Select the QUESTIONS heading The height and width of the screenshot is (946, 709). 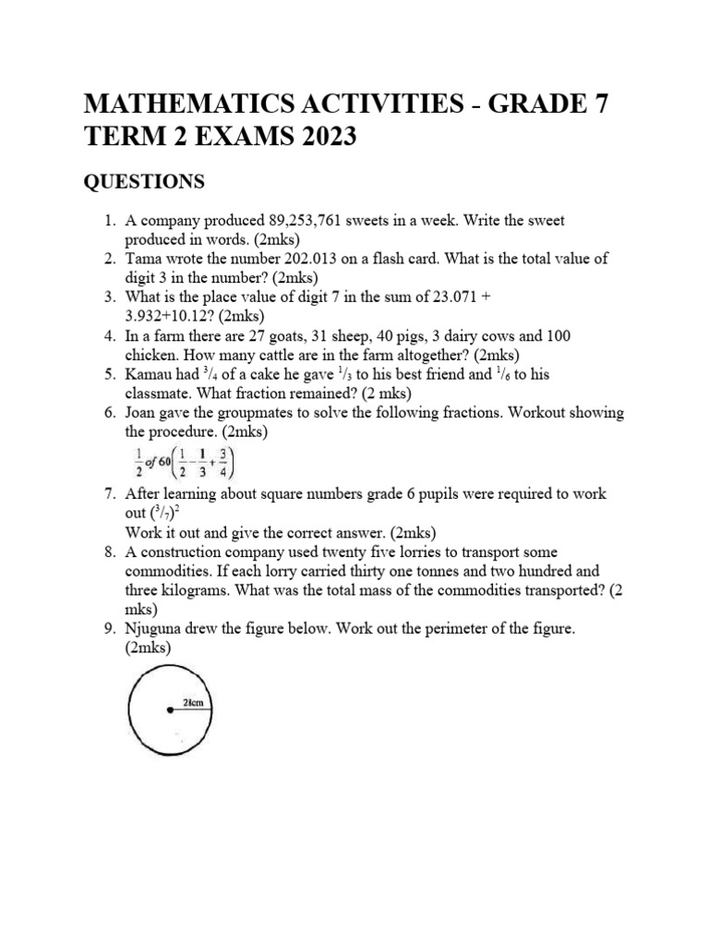(144, 182)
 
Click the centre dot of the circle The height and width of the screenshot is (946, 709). (168, 710)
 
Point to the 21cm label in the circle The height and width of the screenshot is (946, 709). (196, 703)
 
